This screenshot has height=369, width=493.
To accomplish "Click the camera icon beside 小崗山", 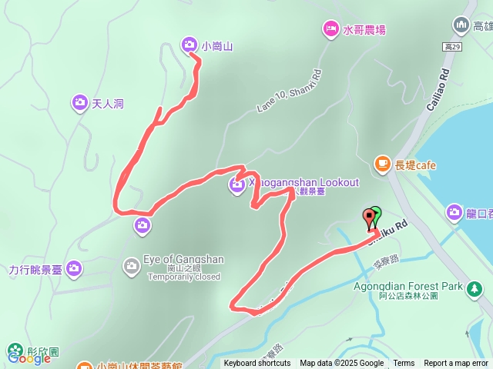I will (189, 45).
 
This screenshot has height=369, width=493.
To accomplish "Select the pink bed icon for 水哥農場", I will (330, 29).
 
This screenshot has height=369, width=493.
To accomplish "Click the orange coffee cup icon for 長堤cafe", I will (381, 163).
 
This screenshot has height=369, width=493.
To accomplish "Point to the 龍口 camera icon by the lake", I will (454, 211).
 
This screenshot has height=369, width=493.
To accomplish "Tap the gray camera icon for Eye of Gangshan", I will (131, 264).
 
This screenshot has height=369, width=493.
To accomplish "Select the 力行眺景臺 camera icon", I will (74, 268).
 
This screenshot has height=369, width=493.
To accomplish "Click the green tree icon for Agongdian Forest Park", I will (475, 288).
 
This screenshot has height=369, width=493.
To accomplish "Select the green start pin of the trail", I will (375, 214).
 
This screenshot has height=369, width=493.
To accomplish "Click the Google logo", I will (29, 357).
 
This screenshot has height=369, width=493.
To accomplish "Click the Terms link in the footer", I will (404, 364).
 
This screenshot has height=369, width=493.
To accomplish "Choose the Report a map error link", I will (456, 364).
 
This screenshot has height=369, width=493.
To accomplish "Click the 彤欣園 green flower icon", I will (13, 350).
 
